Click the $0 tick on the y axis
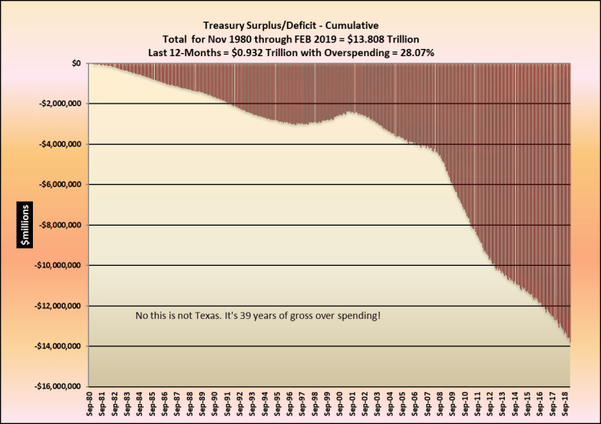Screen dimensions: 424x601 pyautogui.click(x=75, y=63)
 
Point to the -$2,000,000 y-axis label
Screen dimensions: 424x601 pyautogui.click(x=59, y=104)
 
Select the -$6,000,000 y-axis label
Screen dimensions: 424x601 pyautogui.click(x=59, y=185)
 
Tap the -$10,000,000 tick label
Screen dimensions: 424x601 pyautogui.click(x=56, y=266)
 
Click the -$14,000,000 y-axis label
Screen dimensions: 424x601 pyautogui.click(x=56, y=346)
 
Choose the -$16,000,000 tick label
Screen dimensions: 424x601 pyautogui.click(x=56, y=387)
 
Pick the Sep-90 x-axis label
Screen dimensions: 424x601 pyautogui.click(x=216, y=404)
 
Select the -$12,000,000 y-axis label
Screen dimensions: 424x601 pyautogui.click(x=56, y=306)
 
